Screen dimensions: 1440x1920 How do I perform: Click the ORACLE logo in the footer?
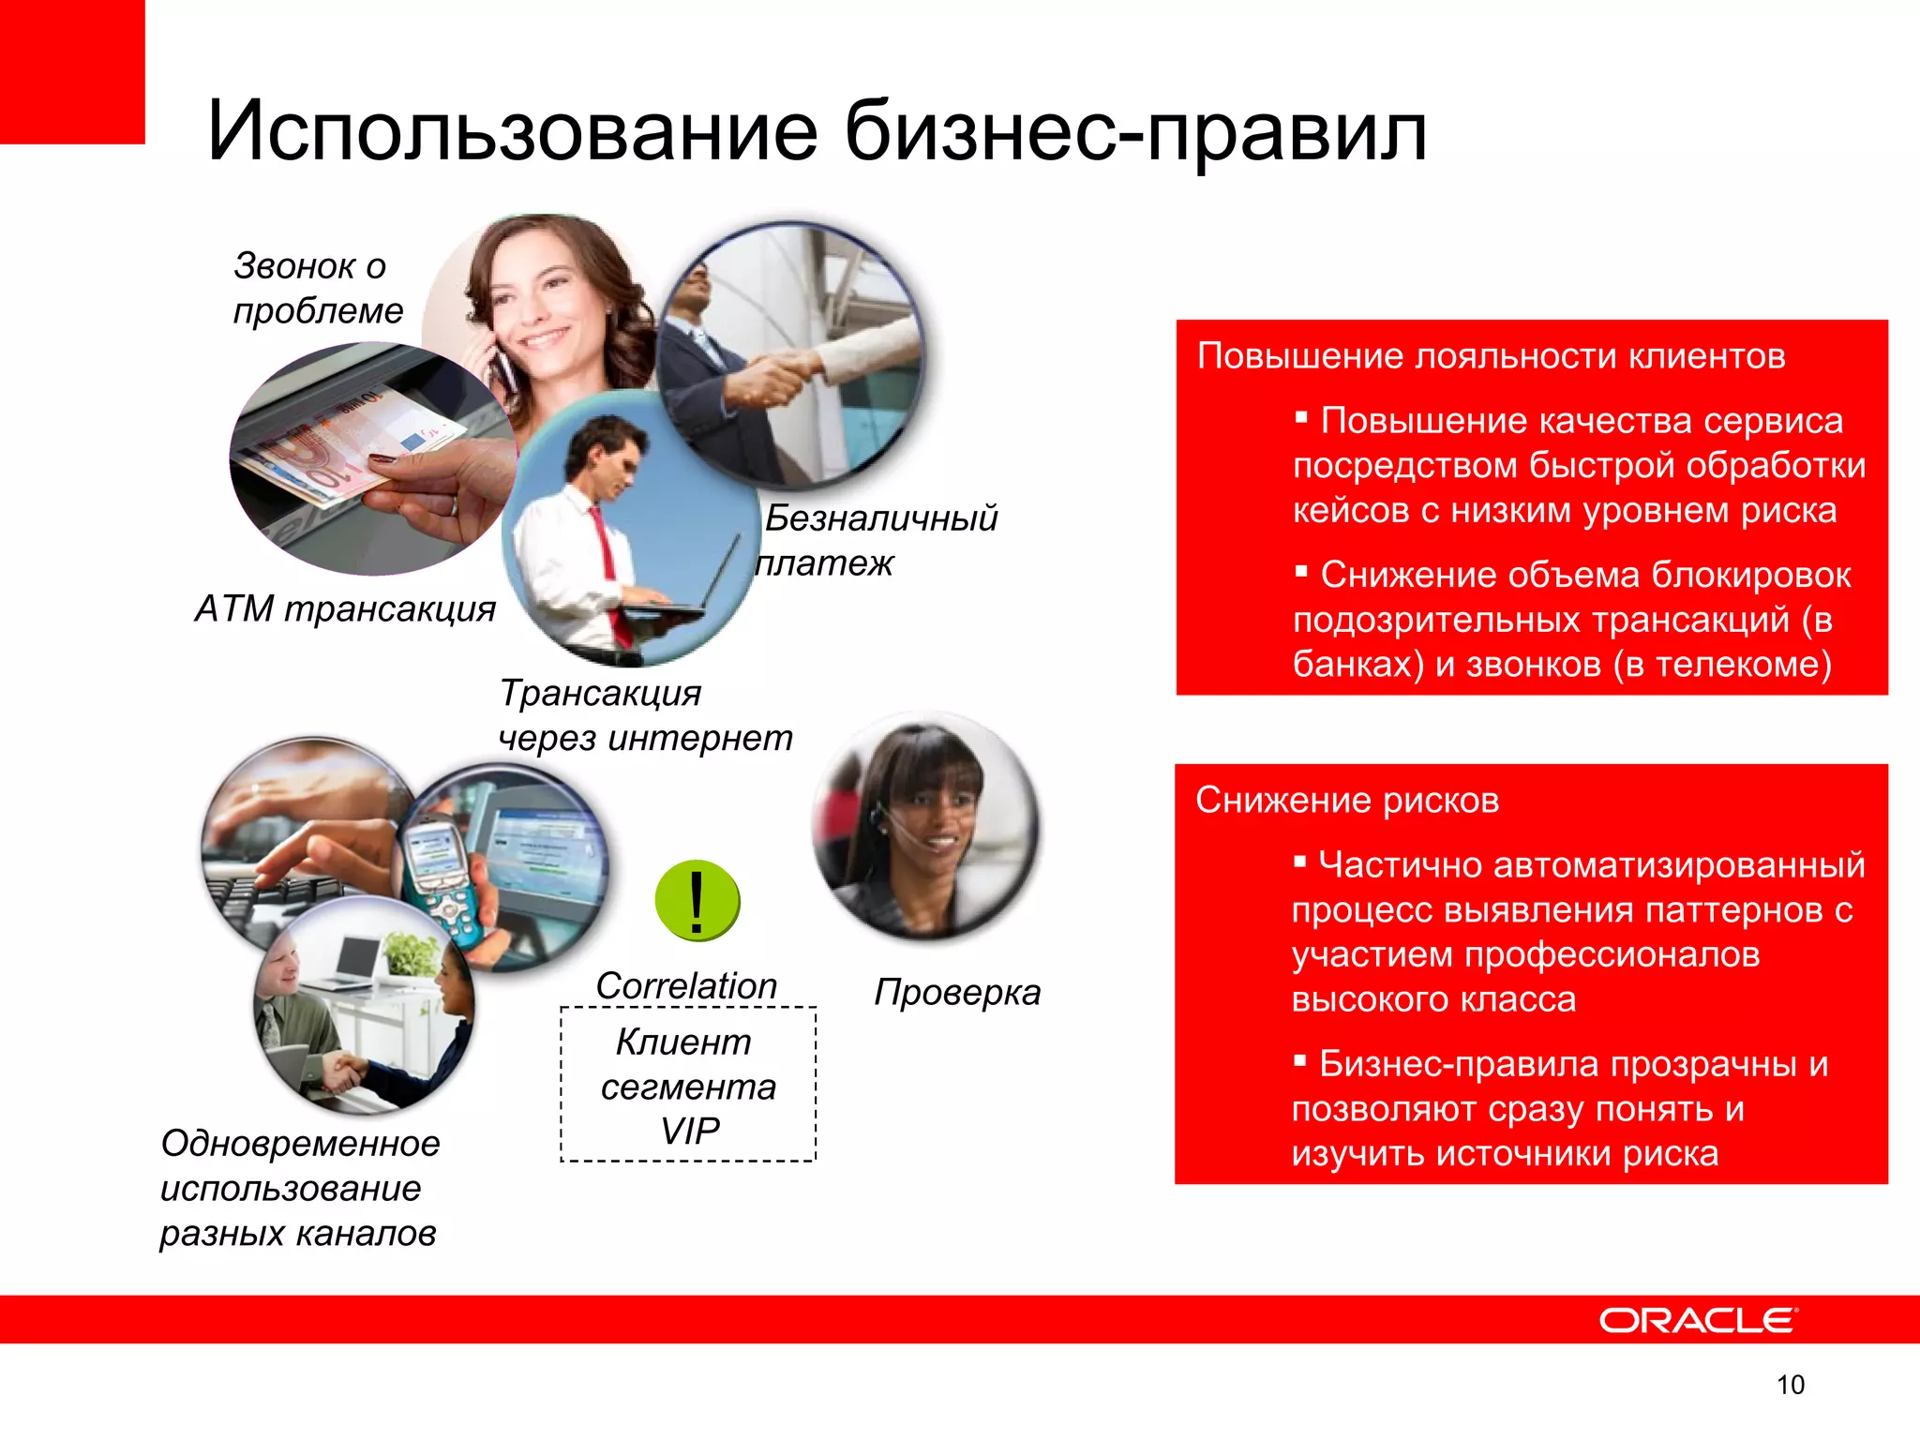[x=1697, y=1320]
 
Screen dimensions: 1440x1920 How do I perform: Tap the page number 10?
[x=1790, y=1385]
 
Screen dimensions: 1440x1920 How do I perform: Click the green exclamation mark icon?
[x=697, y=901]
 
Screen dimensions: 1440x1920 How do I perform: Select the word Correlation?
[x=686, y=985]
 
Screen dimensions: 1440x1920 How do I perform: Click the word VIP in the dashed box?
[x=690, y=1132]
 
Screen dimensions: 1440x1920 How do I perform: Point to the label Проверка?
[x=957, y=992]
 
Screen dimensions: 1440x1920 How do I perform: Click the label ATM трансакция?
[x=345, y=609]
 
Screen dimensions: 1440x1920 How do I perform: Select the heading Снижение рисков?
[x=1347, y=801]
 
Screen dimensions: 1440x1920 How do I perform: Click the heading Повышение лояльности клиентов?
[x=1491, y=356]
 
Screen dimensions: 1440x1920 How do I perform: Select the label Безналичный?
[x=881, y=518]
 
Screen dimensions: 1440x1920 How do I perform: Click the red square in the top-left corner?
[x=71, y=71]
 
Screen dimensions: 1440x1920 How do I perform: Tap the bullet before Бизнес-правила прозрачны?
[x=1299, y=1060]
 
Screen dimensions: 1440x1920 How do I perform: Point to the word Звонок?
[x=295, y=266]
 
